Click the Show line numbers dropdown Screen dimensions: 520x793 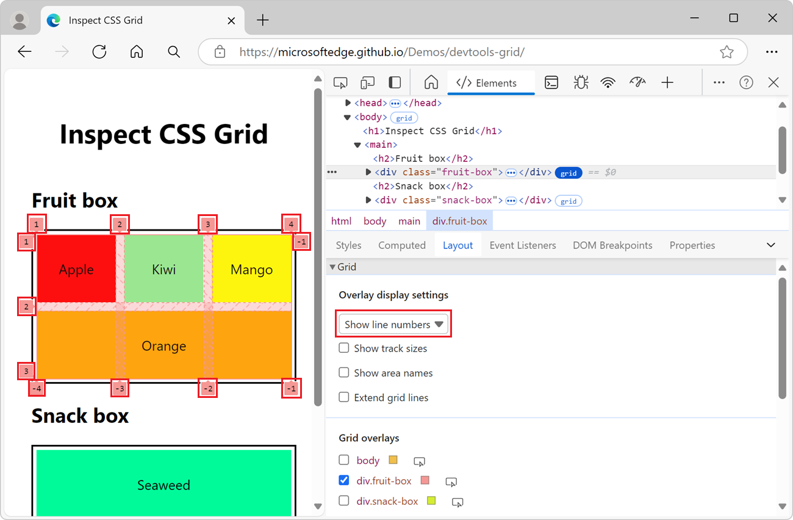pos(394,325)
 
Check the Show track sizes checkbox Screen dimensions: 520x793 pos(344,348)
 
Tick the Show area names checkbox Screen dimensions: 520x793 pos(344,372)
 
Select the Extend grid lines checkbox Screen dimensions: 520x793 pos(344,397)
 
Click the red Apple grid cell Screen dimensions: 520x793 pos(76,269)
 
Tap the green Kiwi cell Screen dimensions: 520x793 pos(163,269)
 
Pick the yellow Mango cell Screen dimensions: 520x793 pos(251,269)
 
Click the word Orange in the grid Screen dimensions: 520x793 pos(163,346)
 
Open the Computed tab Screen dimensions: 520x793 pos(401,245)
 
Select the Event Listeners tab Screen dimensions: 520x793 pos(523,245)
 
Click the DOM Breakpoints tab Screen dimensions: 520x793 pos(612,245)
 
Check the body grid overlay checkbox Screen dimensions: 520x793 pos(344,460)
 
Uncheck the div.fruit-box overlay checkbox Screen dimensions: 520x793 pos(344,480)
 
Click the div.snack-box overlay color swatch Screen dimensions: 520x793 pos(432,501)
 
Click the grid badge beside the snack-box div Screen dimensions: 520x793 pos(569,201)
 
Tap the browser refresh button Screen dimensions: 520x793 pos(99,52)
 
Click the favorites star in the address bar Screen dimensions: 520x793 pos(726,52)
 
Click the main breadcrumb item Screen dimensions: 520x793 pos(409,221)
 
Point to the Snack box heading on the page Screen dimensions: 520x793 pos(80,416)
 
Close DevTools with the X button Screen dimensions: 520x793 pos(773,83)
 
